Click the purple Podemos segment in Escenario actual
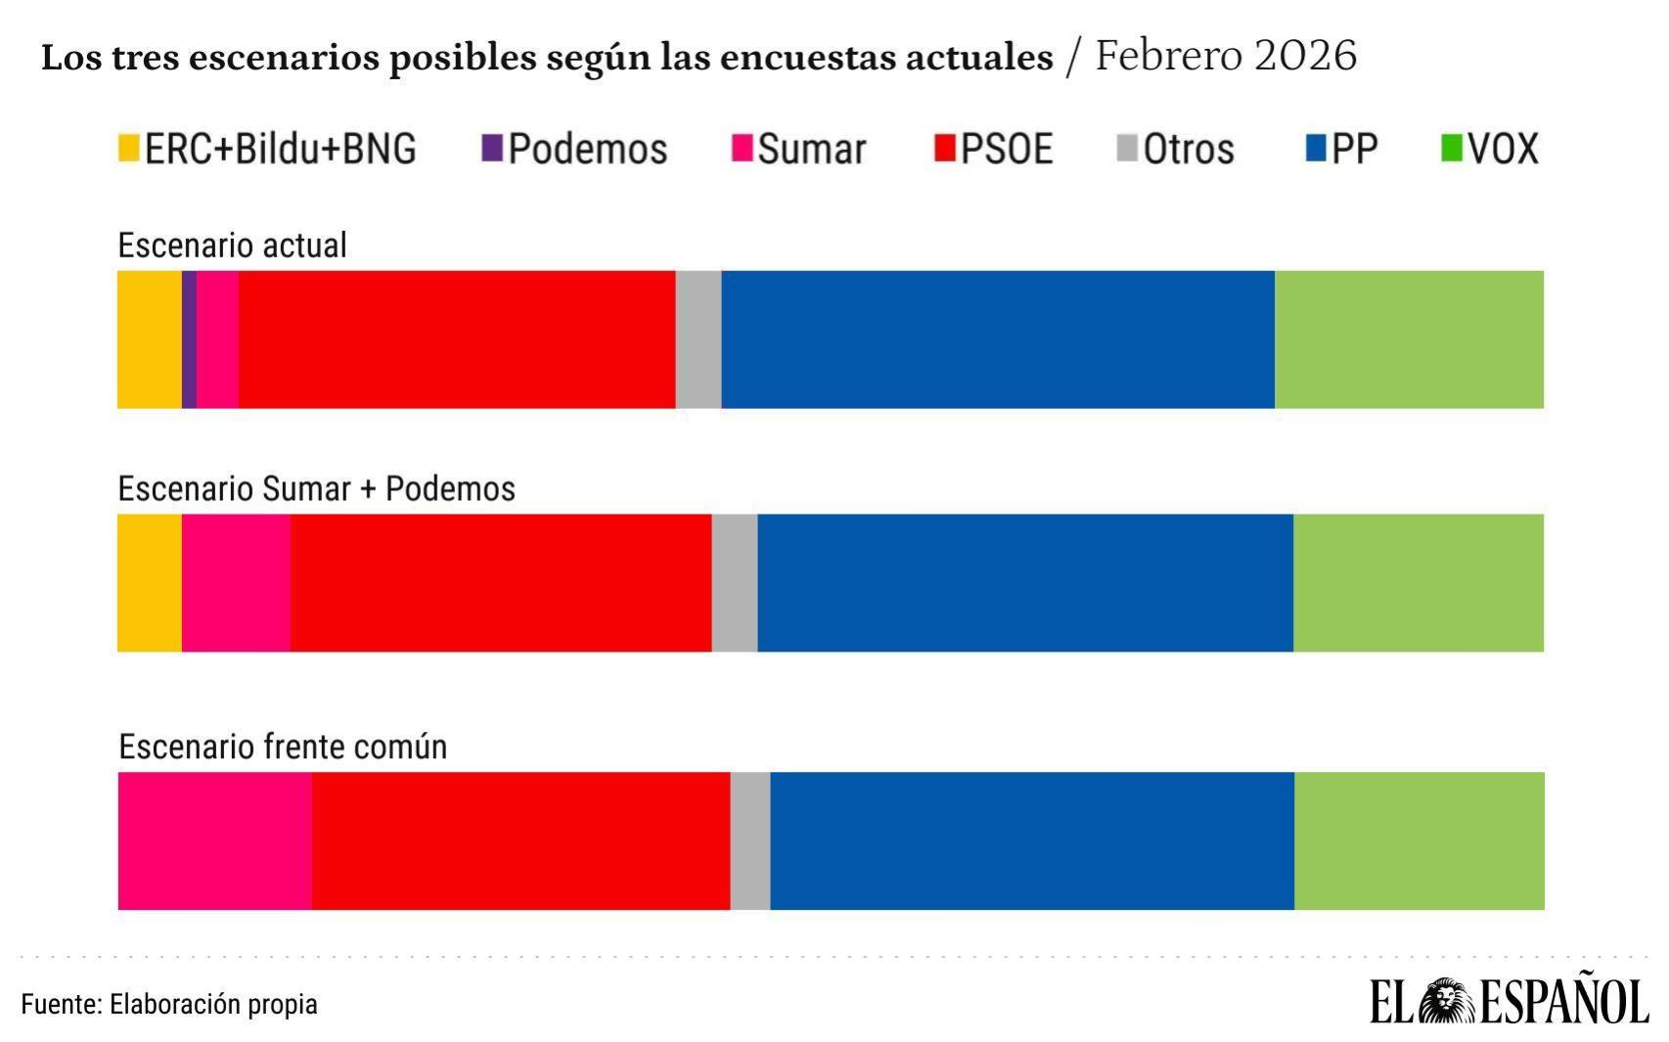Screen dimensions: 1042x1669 click(x=189, y=340)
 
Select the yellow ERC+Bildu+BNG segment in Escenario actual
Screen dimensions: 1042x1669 click(x=150, y=340)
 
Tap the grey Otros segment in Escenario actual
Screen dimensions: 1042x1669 click(x=699, y=340)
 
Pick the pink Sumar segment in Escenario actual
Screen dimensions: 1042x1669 click(x=217, y=340)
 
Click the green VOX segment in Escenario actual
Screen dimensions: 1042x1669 click(x=1409, y=340)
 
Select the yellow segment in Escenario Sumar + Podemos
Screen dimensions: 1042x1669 click(x=150, y=583)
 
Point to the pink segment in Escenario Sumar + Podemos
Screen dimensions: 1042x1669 click(x=236, y=583)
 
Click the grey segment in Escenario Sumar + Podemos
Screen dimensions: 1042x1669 click(x=735, y=583)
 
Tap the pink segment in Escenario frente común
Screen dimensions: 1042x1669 click(x=215, y=841)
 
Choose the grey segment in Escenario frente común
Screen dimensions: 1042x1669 click(x=750, y=841)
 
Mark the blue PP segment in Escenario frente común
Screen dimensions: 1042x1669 click(x=1032, y=841)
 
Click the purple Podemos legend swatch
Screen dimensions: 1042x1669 click(x=492, y=149)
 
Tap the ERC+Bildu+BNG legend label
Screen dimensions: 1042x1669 click(x=280, y=149)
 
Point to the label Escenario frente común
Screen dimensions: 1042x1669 click(x=283, y=747)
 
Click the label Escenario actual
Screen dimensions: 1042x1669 click(x=232, y=245)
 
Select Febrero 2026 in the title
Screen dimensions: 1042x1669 click(x=1225, y=56)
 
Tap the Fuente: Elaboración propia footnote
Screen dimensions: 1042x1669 click(x=169, y=1004)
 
